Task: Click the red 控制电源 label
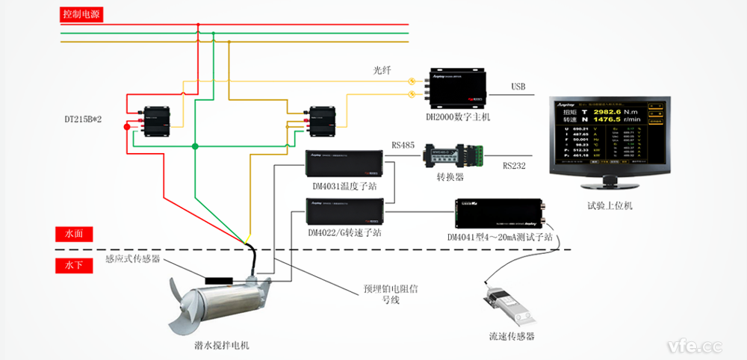[x=83, y=13]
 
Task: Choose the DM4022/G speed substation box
[x=344, y=211]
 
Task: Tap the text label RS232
[x=514, y=167]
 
